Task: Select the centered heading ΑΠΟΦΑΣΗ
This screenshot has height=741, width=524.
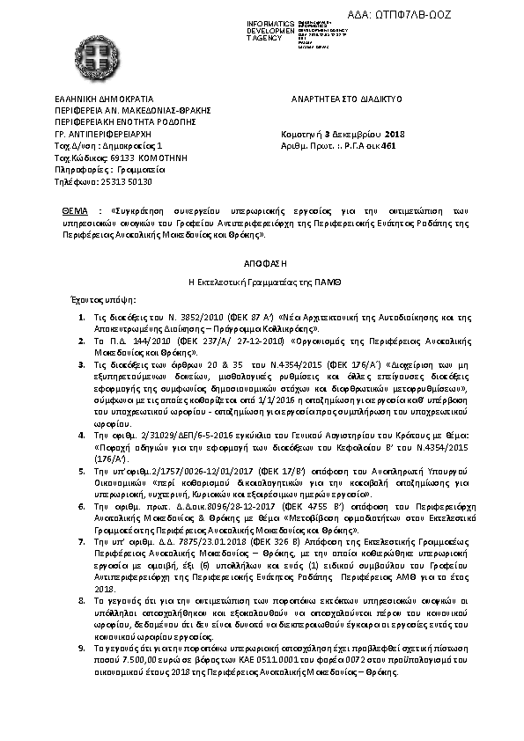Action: pyautogui.click(x=262, y=263)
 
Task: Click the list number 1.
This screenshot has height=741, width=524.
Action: pyautogui.click(x=81, y=315)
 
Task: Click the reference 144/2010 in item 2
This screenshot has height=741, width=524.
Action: pyautogui.click(x=131, y=338)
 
